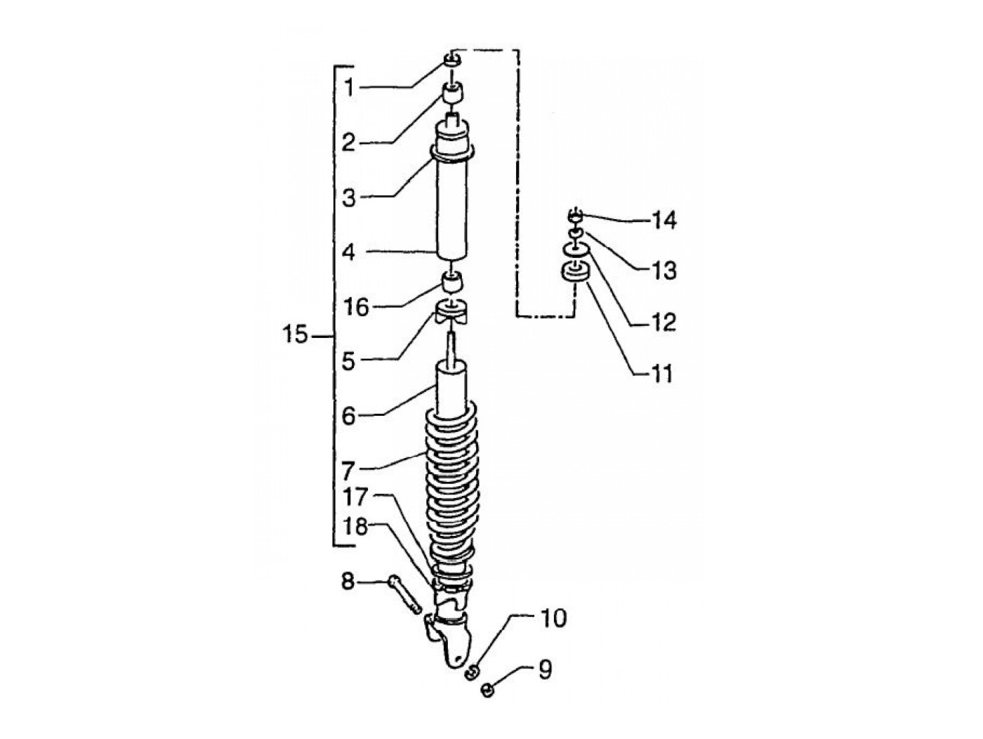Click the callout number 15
tap(296, 336)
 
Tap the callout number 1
tap(348, 88)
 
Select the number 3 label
tap(349, 197)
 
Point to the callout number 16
tap(356, 306)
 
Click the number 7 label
tap(348, 470)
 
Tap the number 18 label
tap(355, 526)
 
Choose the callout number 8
tap(348, 582)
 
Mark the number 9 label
tap(545, 669)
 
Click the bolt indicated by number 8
tap(404, 593)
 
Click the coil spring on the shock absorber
tap(454, 485)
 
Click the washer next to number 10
tap(473, 672)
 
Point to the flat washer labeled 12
tap(575, 248)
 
